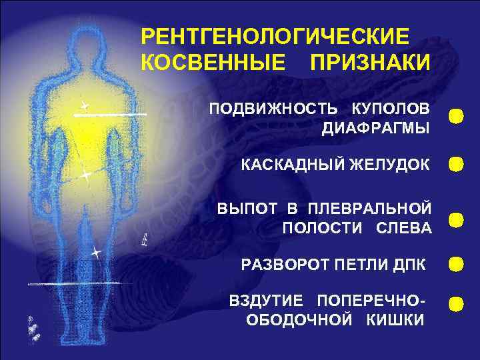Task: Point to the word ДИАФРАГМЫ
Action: coord(375,129)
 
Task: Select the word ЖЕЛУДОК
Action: coord(390,165)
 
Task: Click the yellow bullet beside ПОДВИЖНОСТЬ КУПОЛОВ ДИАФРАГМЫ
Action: coord(456,115)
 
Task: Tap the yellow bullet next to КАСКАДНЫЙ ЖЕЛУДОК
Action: coord(456,165)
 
